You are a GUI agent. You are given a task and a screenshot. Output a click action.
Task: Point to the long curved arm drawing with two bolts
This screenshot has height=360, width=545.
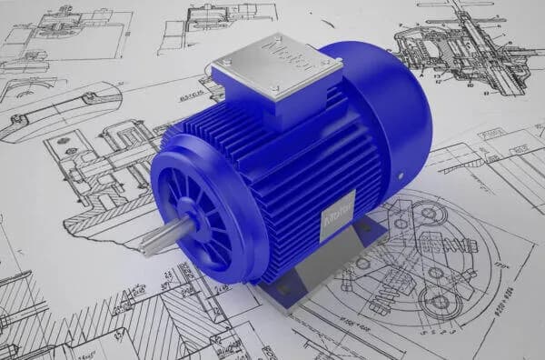54,109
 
